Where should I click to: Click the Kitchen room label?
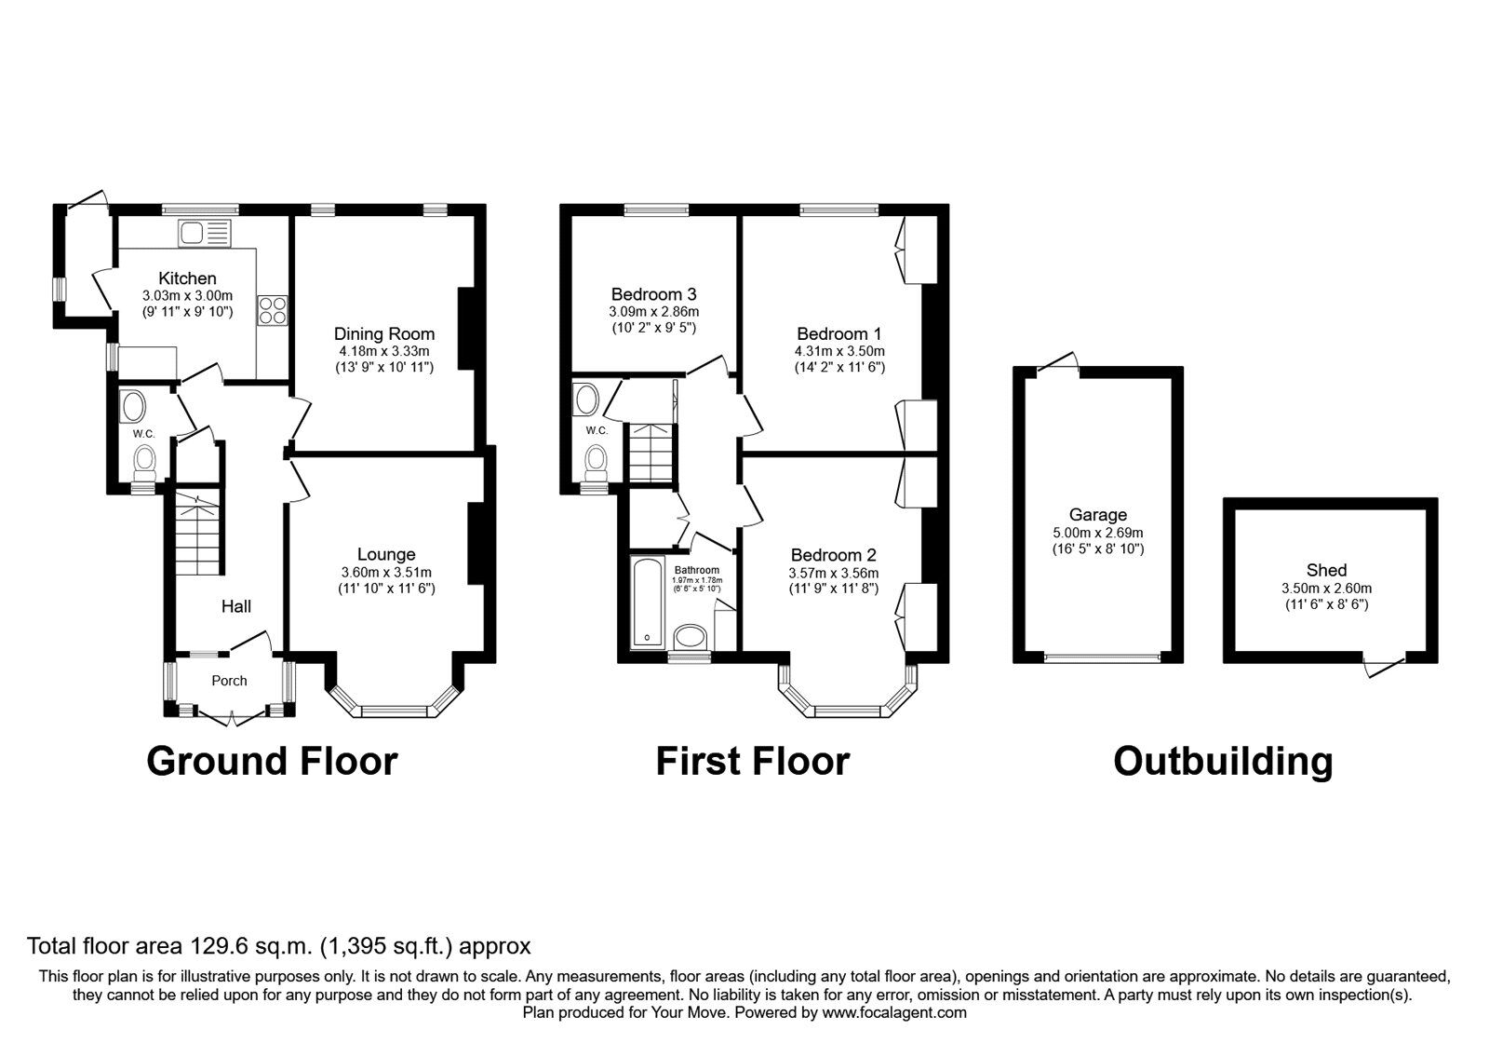(187, 278)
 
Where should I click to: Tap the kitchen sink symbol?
(204, 234)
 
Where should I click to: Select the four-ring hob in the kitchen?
(273, 311)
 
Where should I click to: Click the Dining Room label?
(384, 334)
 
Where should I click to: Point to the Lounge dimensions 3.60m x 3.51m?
(386, 572)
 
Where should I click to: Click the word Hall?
(236, 606)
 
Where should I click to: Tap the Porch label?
(229, 681)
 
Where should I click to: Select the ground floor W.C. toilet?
(144, 462)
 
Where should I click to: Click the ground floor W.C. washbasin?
(132, 405)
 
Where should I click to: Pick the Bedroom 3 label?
(654, 294)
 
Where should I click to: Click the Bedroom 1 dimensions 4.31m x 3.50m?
(839, 351)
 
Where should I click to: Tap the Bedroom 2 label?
(834, 555)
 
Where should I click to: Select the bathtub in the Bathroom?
(648, 603)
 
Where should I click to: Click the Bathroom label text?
(697, 570)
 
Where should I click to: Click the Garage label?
(1098, 514)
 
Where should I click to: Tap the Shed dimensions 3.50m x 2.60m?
(1327, 589)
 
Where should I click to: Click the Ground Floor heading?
(272, 762)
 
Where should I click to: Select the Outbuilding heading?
(1223, 763)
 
